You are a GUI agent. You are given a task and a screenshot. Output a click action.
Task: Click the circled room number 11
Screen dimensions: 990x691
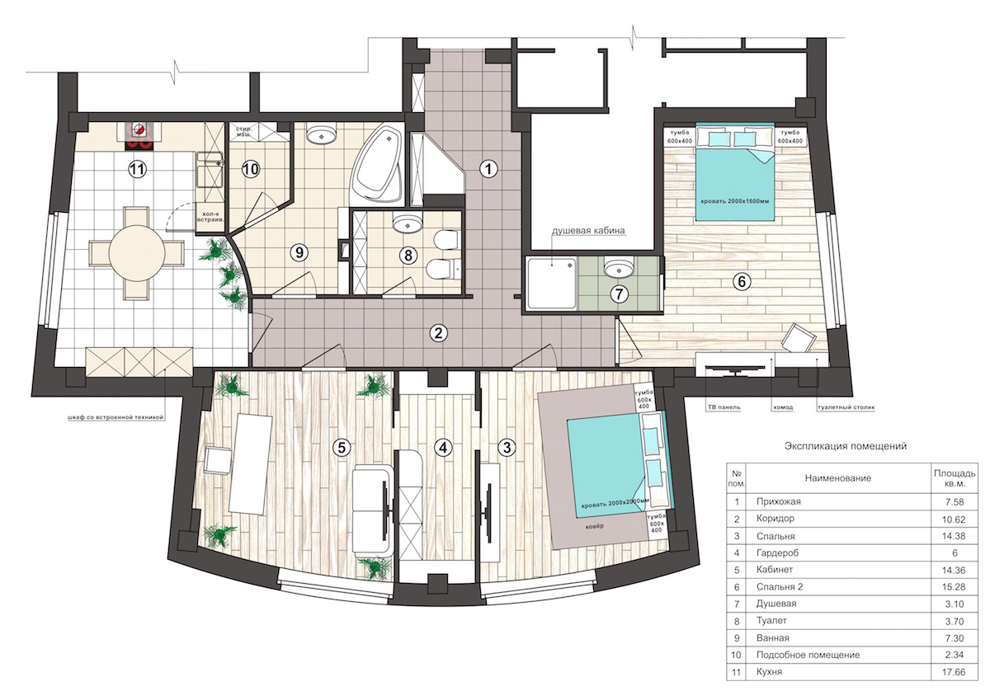pyautogui.click(x=137, y=170)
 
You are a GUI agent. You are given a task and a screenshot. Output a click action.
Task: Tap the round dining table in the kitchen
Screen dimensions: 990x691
pyautogui.click(x=137, y=252)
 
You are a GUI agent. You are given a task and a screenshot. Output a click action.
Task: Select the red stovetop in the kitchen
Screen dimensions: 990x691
pyautogui.click(x=139, y=136)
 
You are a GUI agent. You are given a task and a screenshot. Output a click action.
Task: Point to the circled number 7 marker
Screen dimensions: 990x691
pyautogui.click(x=620, y=294)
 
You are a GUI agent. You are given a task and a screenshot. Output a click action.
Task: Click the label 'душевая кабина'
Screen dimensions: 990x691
pyautogui.click(x=588, y=230)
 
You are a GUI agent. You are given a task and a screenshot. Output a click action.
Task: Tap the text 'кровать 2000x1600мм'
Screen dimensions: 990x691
pyautogui.click(x=735, y=201)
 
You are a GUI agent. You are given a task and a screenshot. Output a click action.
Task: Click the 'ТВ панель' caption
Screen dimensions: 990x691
pyautogui.click(x=722, y=407)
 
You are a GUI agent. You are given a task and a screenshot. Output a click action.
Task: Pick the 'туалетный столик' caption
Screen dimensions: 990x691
pyautogui.click(x=846, y=407)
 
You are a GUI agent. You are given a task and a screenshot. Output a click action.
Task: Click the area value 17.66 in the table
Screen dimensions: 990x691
pyautogui.click(x=955, y=672)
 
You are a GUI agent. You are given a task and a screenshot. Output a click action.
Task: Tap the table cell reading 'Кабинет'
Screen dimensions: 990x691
pyautogui.click(x=775, y=570)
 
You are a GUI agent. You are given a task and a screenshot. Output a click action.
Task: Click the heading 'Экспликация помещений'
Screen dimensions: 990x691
pyautogui.click(x=846, y=446)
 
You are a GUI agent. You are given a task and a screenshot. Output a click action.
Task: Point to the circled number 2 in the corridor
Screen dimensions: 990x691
pyautogui.click(x=438, y=333)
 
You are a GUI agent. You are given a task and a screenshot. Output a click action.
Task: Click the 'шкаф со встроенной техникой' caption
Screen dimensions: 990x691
pyautogui.click(x=115, y=417)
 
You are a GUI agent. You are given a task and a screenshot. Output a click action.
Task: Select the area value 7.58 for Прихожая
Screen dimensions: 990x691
pyautogui.click(x=955, y=502)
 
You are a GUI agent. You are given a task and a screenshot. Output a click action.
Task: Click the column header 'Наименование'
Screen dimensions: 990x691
pyautogui.click(x=838, y=478)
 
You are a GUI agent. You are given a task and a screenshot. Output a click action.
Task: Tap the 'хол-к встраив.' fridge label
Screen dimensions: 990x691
pyautogui.click(x=211, y=215)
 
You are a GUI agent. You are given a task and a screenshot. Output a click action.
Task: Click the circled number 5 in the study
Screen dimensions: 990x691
pyautogui.click(x=342, y=448)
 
